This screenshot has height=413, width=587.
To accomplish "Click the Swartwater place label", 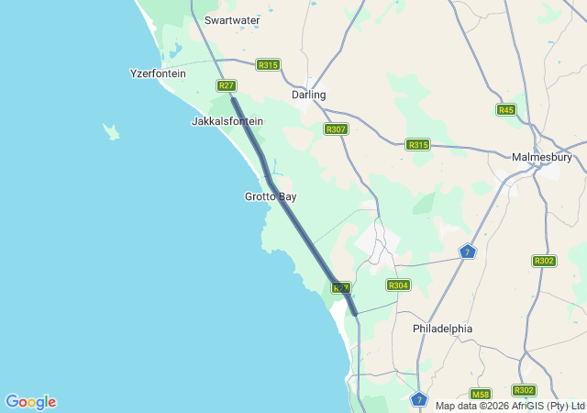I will click(x=232, y=19).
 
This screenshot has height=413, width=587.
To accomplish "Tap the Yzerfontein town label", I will click(x=158, y=73).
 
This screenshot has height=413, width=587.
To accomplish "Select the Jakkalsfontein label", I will click(x=227, y=121).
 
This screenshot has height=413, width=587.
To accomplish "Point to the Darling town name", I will click(x=308, y=95).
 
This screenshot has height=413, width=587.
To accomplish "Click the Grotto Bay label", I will click(x=271, y=196).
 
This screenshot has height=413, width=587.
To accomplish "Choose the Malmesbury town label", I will click(x=542, y=157).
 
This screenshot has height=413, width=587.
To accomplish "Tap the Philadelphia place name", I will click(x=442, y=328).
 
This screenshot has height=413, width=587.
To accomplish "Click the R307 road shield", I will click(x=336, y=129).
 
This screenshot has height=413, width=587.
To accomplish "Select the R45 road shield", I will click(x=505, y=110).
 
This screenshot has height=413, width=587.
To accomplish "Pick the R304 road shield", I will click(x=398, y=285).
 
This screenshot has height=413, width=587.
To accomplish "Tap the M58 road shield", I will click(x=482, y=394).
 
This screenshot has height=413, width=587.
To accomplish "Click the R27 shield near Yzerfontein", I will click(x=227, y=85).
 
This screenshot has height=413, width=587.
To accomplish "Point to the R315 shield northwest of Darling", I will click(x=268, y=65).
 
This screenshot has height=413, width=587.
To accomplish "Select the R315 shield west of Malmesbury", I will click(x=418, y=145).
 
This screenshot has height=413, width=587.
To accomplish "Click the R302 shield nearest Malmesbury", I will click(x=544, y=261).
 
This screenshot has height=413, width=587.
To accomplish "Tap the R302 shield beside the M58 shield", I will click(x=524, y=390).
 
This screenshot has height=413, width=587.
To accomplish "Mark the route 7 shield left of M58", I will click(x=419, y=398).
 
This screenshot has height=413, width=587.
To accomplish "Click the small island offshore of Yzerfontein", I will click(x=112, y=132).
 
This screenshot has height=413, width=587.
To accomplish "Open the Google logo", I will click(x=30, y=402).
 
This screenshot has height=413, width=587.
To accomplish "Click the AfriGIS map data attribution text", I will click(x=510, y=406).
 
